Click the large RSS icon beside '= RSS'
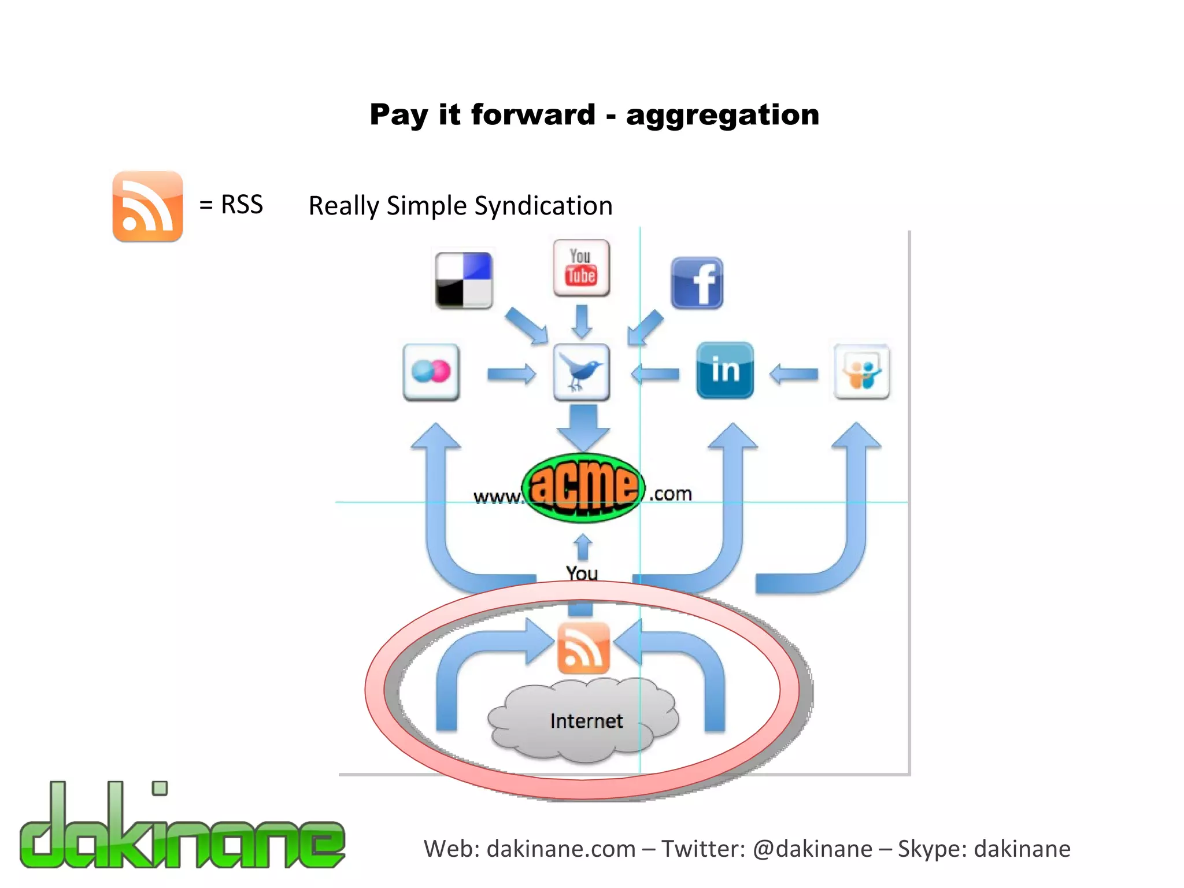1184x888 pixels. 147,206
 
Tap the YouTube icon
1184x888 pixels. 581,268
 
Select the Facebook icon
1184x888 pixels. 697,283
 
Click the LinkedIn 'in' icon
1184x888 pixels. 725,370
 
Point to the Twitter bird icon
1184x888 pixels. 581,372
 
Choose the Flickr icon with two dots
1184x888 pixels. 431,372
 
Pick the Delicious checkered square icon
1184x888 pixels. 464,280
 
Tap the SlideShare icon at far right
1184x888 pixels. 861,372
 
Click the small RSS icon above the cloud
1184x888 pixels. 583,648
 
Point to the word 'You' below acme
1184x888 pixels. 582,573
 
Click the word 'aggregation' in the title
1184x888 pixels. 722,115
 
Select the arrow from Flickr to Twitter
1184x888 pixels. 511,374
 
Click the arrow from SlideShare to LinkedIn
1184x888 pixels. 794,374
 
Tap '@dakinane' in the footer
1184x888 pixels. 812,849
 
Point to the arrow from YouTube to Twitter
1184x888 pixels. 582,321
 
